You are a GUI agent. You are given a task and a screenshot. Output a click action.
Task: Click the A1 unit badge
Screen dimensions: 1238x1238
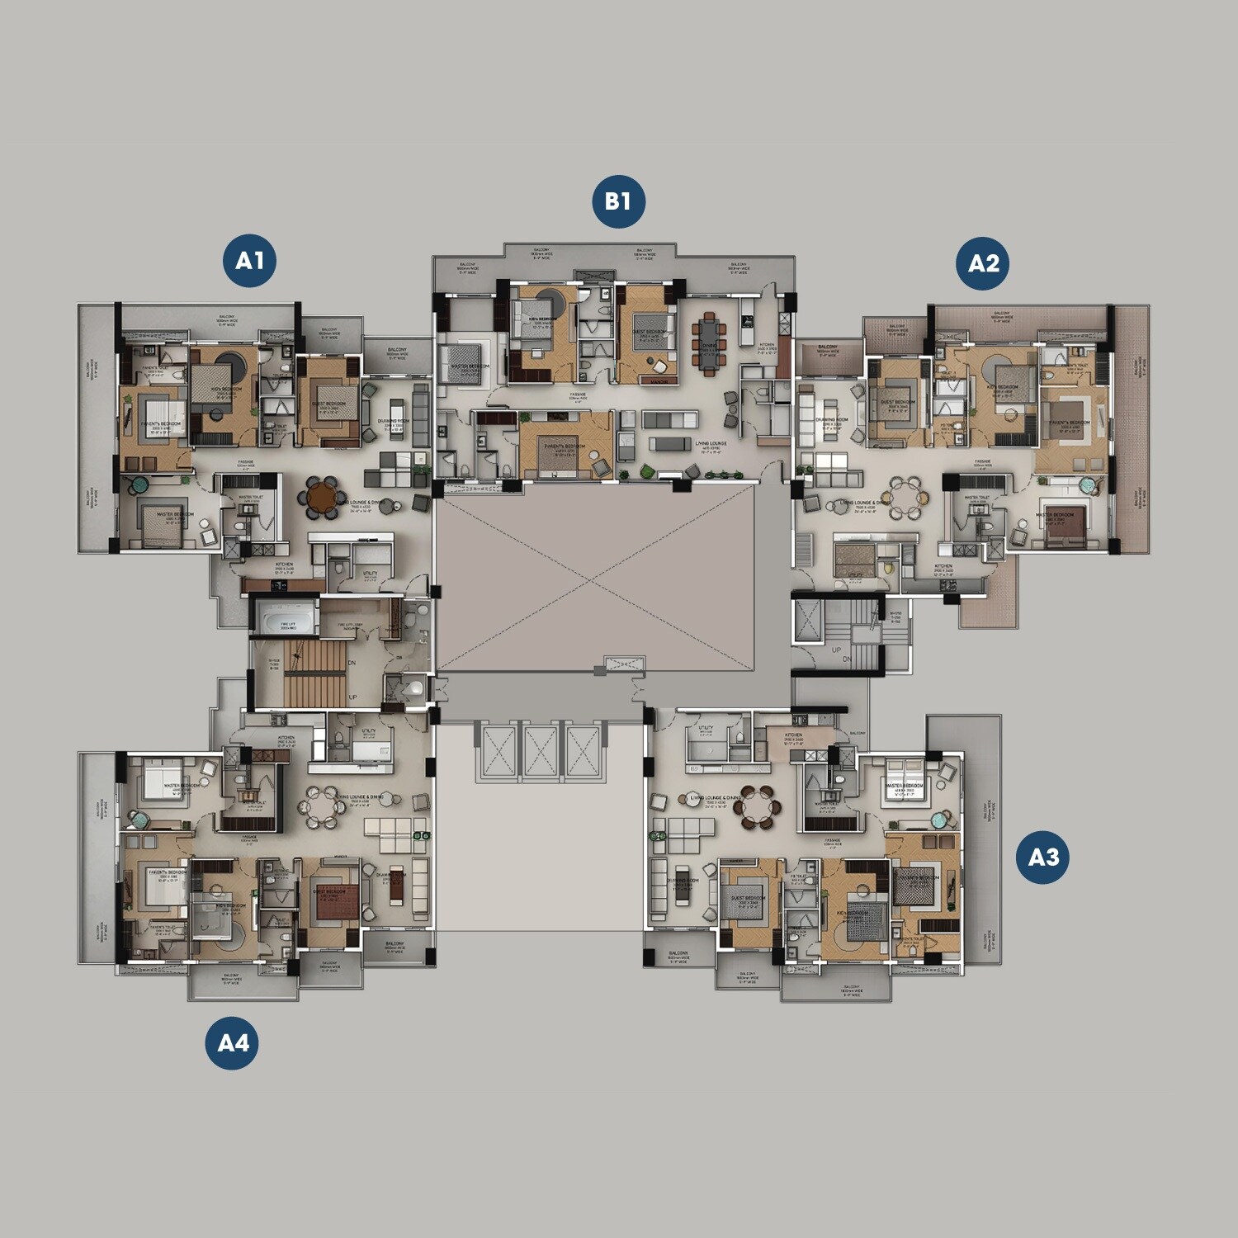pyautogui.click(x=249, y=261)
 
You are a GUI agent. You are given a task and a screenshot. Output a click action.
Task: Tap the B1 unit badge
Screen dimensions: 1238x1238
pyautogui.click(x=618, y=201)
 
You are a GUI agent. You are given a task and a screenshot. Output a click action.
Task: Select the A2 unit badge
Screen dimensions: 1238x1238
pyautogui.click(x=982, y=263)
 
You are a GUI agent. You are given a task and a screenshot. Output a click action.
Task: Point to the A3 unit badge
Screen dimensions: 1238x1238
pyautogui.click(x=1042, y=858)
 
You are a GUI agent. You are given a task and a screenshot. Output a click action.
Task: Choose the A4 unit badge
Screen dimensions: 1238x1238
pyautogui.click(x=232, y=1043)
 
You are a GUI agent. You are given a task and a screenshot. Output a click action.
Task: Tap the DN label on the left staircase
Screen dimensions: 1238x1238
pyautogui.click(x=352, y=663)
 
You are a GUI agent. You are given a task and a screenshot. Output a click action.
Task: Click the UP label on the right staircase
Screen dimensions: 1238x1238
pyautogui.click(x=836, y=650)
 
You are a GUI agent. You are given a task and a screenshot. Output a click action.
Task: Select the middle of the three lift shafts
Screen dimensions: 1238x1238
pyautogui.click(x=541, y=750)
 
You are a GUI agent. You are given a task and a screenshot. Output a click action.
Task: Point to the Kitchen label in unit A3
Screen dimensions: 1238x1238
pyautogui.click(x=793, y=735)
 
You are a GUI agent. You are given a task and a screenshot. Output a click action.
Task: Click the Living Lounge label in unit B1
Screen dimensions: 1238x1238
pyautogui.click(x=711, y=444)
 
